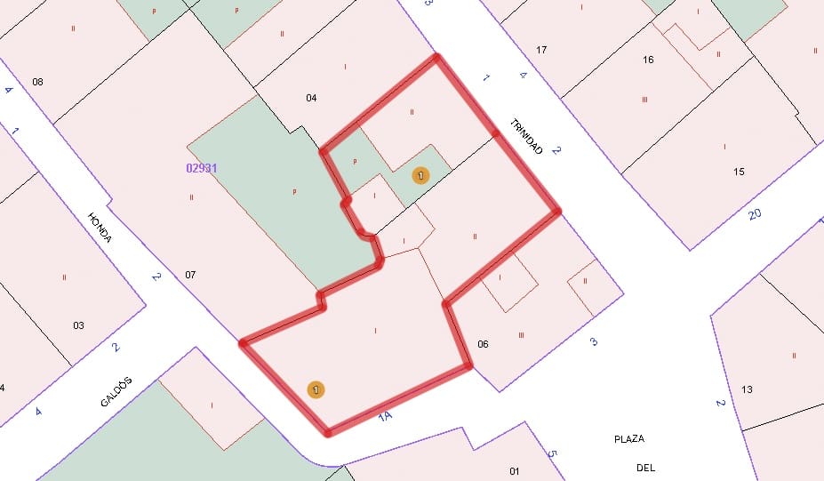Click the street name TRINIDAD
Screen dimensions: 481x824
526,138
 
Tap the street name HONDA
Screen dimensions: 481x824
100,229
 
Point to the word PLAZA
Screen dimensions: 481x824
629,439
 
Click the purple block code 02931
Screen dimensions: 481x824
203,167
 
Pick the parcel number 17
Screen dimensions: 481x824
541,49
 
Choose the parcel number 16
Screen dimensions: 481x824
648,60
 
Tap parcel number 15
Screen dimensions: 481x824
739,172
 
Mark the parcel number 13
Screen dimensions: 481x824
747,389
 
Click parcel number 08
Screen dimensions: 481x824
37,83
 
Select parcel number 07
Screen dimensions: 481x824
190,274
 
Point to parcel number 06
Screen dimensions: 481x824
483,343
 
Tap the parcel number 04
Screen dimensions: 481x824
311,98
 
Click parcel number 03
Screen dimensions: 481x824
78,325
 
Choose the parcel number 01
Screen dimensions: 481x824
514,470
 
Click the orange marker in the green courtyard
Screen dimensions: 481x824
420,176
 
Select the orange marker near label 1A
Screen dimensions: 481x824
316,389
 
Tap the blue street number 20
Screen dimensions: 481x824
755,213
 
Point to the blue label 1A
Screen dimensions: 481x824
385,415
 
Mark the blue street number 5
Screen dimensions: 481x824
551,454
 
